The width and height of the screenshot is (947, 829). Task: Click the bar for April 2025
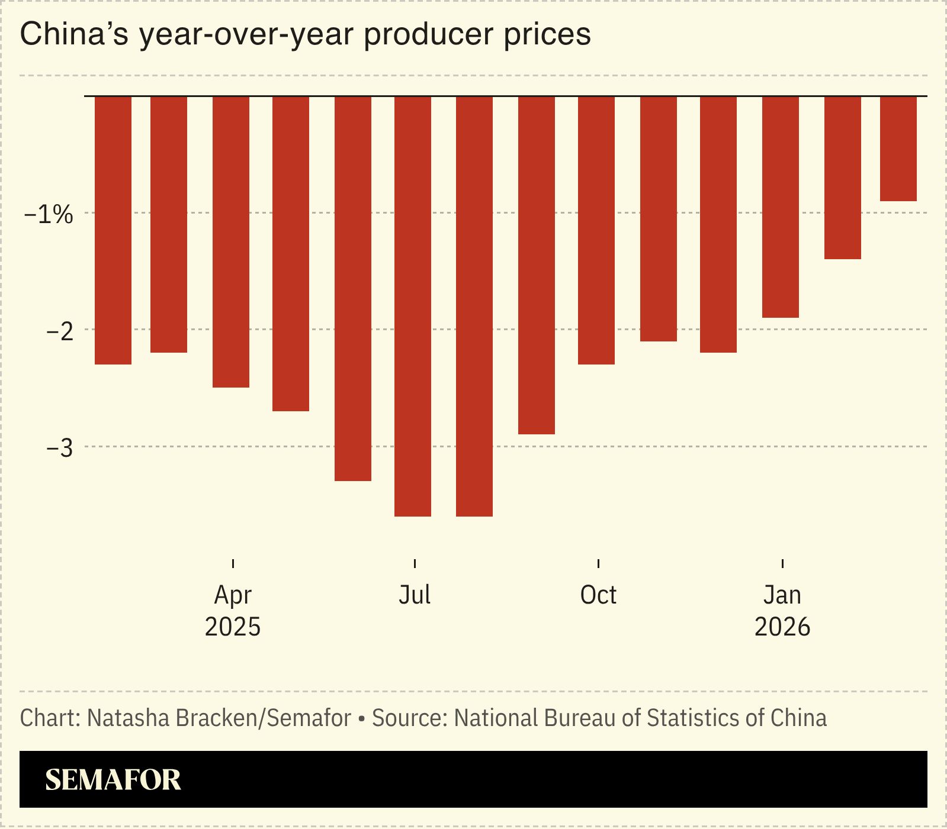coord(231,241)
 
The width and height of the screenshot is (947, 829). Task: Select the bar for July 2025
coord(413,306)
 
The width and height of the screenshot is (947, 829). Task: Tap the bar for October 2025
coord(596,230)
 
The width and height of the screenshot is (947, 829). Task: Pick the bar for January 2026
coord(781,207)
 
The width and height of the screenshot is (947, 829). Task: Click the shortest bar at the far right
coord(898,149)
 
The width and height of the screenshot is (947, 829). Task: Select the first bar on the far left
coord(113,230)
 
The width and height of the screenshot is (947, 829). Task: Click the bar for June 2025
coord(353,288)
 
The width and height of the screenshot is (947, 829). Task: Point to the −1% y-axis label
coord(49,214)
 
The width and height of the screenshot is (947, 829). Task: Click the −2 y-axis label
coord(60,331)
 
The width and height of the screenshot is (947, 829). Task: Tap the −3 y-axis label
coord(60,449)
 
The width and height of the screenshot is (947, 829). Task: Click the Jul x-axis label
coord(415,595)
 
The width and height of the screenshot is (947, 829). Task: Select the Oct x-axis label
coord(598,595)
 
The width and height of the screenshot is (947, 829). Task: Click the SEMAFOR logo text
coord(113,780)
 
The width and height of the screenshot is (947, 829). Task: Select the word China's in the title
coord(74,34)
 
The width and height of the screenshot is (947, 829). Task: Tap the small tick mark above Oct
coord(599,563)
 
